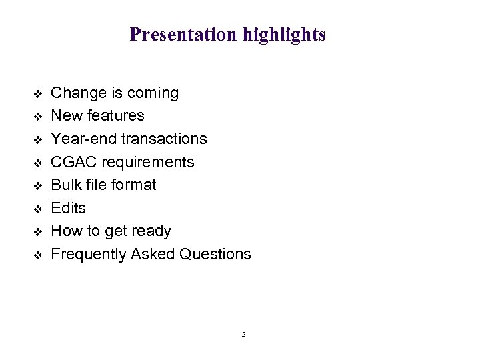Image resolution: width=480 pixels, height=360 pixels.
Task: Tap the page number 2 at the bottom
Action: (x=243, y=334)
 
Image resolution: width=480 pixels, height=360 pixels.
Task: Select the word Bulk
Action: (x=65, y=185)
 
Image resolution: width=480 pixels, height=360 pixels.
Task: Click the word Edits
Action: (x=69, y=208)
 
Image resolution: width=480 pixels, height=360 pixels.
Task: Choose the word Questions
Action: (x=213, y=254)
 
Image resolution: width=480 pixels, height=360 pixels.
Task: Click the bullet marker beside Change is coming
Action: (x=37, y=93)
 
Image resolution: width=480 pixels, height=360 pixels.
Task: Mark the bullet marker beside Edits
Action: (x=37, y=209)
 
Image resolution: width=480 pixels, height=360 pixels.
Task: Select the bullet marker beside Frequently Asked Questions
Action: (x=37, y=255)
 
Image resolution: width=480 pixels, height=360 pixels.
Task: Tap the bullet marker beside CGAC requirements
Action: (x=37, y=163)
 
